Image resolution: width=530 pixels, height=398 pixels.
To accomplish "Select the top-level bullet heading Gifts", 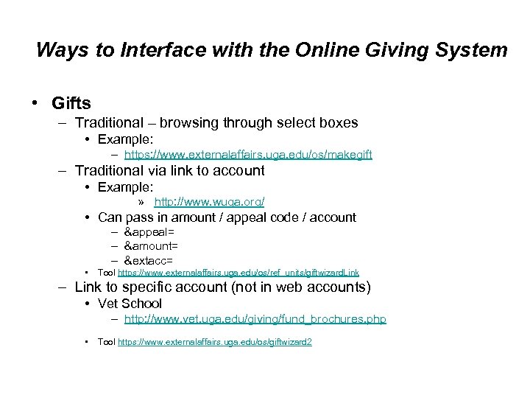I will (x=71, y=102).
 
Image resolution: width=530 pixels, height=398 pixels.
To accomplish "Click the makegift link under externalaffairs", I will (x=248, y=155).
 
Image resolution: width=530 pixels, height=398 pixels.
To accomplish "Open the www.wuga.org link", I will (x=209, y=201).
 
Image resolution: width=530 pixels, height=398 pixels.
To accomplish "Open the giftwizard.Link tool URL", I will (x=239, y=273).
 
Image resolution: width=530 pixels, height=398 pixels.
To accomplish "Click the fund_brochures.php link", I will (x=255, y=319).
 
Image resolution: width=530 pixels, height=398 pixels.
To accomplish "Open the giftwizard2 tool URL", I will (x=215, y=342).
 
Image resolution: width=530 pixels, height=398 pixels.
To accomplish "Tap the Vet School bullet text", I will (x=130, y=304).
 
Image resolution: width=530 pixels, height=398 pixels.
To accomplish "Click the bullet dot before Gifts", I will (x=36, y=102).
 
